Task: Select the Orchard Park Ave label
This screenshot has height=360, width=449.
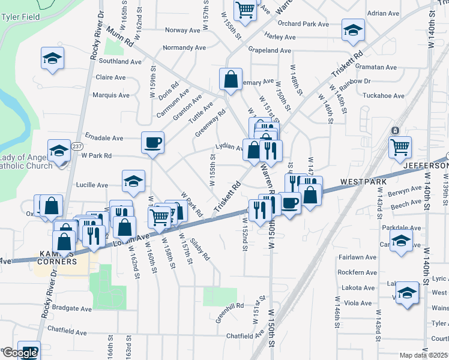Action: tap(304, 25)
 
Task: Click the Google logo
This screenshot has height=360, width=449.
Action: tap(19, 353)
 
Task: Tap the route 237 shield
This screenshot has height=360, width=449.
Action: tap(77, 146)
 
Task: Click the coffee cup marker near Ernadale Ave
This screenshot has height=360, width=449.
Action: tap(152, 143)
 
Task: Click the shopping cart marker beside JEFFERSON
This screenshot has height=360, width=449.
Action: tap(400, 147)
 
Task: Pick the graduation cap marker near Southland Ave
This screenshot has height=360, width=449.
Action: tap(53, 59)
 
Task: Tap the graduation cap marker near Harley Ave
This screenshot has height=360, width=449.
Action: tap(353, 29)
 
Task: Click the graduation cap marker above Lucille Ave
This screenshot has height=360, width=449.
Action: tap(133, 180)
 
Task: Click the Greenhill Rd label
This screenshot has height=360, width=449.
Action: tap(231, 305)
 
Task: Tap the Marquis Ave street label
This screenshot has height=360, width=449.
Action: tap(111, 95)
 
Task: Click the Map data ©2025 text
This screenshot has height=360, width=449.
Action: tap(423, 355)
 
